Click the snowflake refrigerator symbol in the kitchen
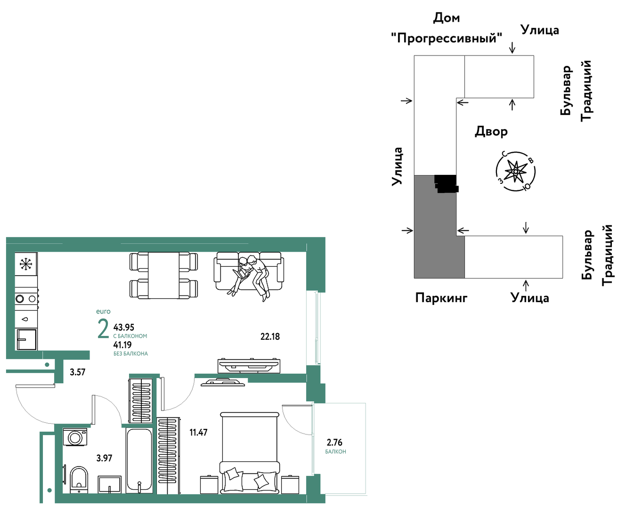click(x=26, y=264)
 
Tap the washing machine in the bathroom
click(x=75, y=437)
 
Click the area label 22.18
click(x=270, y=337)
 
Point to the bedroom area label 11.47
click(x=198, y=432)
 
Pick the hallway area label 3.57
click(x=78, y=372)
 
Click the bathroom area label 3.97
click(x=105, y=458)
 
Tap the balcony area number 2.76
click(x=334, y=442)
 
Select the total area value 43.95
click(x=124, y=327)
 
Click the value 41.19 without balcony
click(x=122, y=345)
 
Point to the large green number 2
click(x=103, y=329)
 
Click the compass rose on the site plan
click(x=515, y=171)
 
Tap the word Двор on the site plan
click(x=491, y=131)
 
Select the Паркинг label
click(x=441, y=298)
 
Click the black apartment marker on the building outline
click(x=447, y=184)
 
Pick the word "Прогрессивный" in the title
click(x=447, y=38)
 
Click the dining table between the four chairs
click(x=163, y=275)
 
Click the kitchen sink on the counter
click(x=27, y=339)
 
